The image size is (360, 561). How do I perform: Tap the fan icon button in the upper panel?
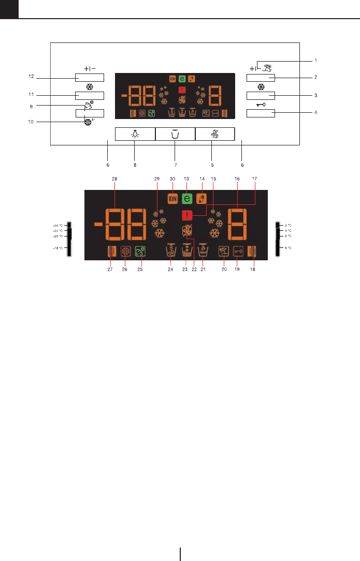pyautogui.click(x=215, y=134)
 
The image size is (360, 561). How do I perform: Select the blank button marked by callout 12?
pyautogui.click(x=90, y=78)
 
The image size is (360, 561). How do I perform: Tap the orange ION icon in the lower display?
pyautogui.click(x=172, y=198)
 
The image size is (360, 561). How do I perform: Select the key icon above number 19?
pyautogui.click(x=238, y=252)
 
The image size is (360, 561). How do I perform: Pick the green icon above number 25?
pyautogui.click(x=140, y=252)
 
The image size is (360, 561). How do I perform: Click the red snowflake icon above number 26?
pyautogui.click(x=126, y=252)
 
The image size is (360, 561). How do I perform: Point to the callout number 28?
pyautogui.click(x=114, y=179)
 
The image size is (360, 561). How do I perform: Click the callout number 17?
pyautogui.click(x=254, y=179)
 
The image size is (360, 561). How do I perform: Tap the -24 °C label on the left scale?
pyautogui.click(x=57, y=226)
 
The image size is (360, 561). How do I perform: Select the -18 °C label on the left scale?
pyautogui.click(x=57, y=248)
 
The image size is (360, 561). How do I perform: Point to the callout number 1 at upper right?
pyautogui.click(x=315, y=60)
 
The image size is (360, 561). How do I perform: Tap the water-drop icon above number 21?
pyautogui.click(x=203, y=251)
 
